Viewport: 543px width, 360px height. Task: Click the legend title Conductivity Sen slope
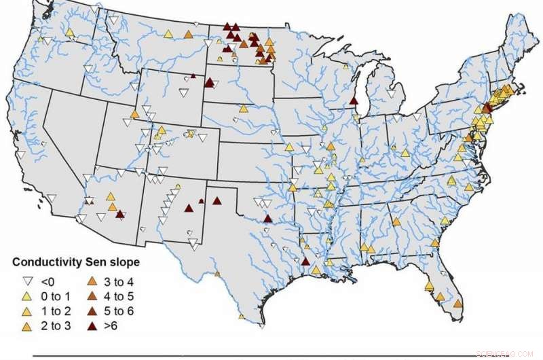pos(76,262)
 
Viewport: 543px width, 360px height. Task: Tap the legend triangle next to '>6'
pos(92,326)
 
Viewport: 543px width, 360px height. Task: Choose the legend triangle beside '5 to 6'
pos(92,311)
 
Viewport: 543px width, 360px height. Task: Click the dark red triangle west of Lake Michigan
pos(354,101)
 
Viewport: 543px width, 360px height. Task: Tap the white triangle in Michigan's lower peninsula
pos(390,92)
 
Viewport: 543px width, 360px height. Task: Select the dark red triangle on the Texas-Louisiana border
pos(305,261)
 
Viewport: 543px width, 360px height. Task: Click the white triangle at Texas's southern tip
pos(262,326)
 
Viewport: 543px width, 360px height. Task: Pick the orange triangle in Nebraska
pos(243,109)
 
